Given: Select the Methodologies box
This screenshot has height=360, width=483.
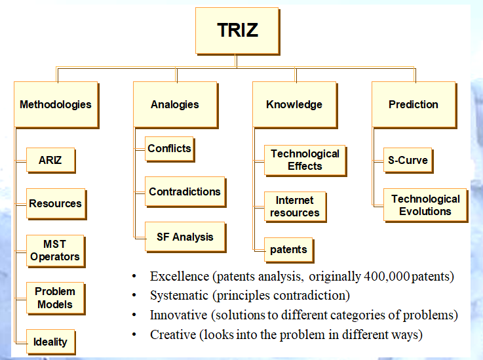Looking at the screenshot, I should [56, 104].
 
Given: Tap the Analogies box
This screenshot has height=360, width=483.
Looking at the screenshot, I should [175, 104].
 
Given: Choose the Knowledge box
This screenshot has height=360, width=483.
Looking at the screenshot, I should [294, 104].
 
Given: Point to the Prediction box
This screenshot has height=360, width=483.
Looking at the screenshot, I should [414, 104].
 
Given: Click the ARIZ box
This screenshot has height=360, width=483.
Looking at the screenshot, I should [51, 159].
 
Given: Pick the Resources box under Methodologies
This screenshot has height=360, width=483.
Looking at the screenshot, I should [56, 204].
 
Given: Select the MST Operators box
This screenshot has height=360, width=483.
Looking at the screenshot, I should [55, 250].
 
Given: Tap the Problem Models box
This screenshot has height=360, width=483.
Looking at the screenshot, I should [55, 298].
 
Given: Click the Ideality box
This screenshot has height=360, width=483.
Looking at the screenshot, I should [50, 342].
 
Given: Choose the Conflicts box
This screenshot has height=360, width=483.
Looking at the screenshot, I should [169, 148].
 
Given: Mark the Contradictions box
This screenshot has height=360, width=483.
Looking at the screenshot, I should [185, 192].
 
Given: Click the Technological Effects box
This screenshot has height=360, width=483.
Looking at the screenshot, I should [305, 160].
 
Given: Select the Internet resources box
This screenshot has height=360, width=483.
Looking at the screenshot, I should [294, 207].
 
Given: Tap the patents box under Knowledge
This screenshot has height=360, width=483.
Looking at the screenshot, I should [289, 250].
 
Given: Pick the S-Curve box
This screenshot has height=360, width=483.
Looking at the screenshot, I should [408, 159].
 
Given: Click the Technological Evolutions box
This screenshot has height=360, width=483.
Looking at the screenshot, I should [425, 205].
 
